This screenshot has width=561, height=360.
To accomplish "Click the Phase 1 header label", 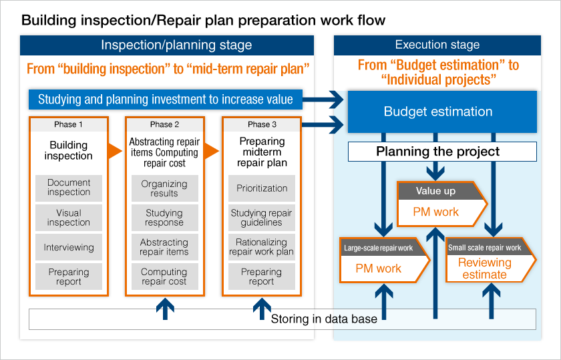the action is [x=68, y=124].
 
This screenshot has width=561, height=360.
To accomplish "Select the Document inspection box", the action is [x=69, y=188].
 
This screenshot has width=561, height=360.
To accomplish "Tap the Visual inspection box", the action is [x=69, y=218].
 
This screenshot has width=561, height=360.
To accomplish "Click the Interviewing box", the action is [x=69, y=247].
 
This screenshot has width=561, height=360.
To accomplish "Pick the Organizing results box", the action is [x=164, y=188].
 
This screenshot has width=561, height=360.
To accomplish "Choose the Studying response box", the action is [x=164, y=218].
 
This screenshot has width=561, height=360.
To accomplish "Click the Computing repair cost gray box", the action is [x=164, y=277].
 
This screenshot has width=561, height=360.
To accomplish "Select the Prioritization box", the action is [x=262, y=188].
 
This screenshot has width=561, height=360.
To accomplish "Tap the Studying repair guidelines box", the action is [x=262, y=218].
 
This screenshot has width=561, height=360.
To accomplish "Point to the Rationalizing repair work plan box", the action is [x=262, y=247].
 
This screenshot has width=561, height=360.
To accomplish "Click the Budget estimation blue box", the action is [x=442, y=112].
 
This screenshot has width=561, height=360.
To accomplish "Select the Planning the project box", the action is [x=442, y=152].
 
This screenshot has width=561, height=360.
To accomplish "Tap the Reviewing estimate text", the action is [x=484, y=268].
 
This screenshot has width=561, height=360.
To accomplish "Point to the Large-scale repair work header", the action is [x=381, y=248].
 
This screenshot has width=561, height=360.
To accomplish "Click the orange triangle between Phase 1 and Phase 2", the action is [x=115, y=151].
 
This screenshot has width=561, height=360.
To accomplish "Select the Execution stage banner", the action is [x=437, y=45].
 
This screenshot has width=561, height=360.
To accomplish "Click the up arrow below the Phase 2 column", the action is [x=165, y=309].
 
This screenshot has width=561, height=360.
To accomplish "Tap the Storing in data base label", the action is [x=324, y=319].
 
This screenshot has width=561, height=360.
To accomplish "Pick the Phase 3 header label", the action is [x=262, y=124].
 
